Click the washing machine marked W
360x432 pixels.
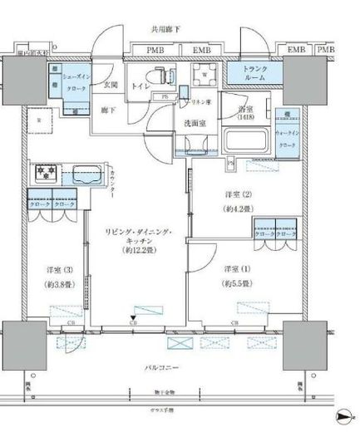205,74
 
